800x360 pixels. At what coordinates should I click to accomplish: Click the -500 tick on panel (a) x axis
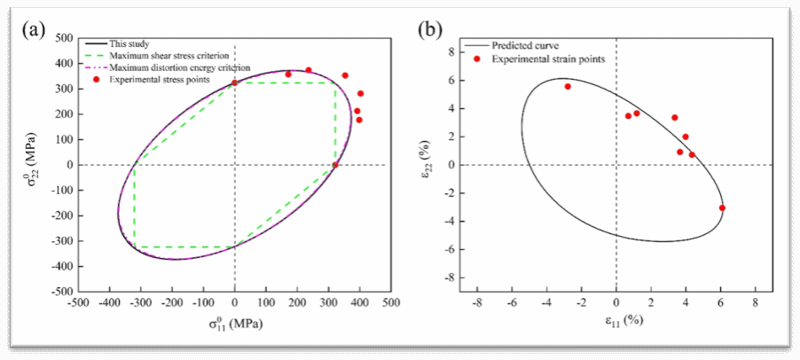click(x=78, y=302)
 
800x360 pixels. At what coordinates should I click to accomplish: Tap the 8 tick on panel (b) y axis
click(x=451, y=52)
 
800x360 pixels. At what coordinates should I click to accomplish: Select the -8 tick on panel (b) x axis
click(x=477, y=302)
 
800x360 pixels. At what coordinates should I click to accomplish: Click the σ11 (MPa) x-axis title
click(x=235, y=324)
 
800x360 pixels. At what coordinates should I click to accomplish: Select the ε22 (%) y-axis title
click(x=430, y=164)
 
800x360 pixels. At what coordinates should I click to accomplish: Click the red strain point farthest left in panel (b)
click(x=568, y=86)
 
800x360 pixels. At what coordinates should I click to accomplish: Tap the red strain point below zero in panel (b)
click(x=722, y=207)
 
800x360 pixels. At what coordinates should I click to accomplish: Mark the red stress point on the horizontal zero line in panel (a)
click(x=335, y=165)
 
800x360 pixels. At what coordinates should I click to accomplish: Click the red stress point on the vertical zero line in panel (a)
click(x=235, y=82)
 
